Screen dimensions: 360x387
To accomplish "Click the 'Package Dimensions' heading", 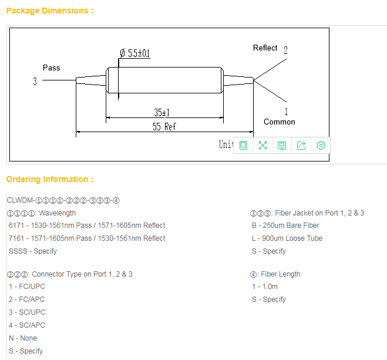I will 49,11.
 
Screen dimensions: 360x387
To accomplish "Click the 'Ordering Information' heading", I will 49,179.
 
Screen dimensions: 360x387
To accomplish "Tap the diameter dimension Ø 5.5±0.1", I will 135,53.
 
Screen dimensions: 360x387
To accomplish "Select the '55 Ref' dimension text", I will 164,126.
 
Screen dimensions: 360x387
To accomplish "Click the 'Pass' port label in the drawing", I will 52,68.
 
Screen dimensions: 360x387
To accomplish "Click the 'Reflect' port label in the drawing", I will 265,48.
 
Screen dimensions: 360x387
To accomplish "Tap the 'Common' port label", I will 280,122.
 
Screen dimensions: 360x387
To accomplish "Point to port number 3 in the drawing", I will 35,82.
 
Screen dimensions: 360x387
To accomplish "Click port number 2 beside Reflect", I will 285,51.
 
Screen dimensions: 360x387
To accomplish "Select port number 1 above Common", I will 286,111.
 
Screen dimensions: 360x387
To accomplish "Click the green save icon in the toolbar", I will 282,146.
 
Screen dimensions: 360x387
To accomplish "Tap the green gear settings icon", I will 321,146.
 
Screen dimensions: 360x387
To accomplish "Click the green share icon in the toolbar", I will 301,146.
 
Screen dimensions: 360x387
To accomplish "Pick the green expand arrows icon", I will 263,146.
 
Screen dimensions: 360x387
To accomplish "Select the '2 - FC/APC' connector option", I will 27,300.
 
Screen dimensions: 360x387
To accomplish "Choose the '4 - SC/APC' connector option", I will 27,325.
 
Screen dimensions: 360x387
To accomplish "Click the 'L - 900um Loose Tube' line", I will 287,238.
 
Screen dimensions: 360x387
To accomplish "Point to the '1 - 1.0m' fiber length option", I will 265,287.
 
